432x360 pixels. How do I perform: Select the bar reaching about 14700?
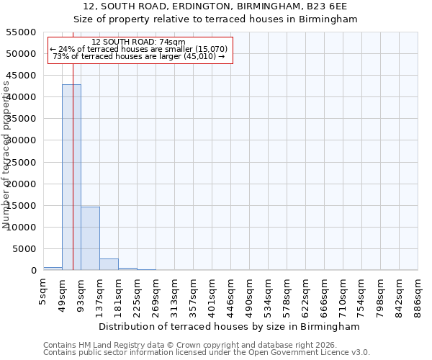point(90,238)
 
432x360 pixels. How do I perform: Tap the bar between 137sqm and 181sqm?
point(109,264)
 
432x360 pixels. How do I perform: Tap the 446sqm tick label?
point(231,295)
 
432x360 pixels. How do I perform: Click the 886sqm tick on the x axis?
point(418,295)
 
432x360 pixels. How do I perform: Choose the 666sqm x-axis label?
point(325,295)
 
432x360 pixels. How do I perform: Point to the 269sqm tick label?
point(156,295)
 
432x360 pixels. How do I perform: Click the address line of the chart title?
point(216,6)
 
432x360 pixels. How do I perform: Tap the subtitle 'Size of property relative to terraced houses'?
point(216,19)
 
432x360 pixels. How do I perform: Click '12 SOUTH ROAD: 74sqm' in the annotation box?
point(139,42)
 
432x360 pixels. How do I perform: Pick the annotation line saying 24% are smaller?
point(139,49)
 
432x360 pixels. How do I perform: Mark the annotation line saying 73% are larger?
point(139,56)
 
